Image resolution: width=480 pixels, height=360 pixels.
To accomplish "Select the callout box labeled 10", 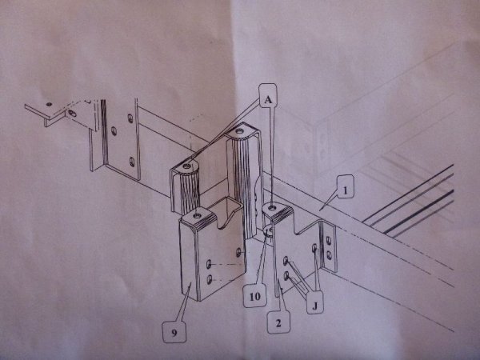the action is click(x=254, y=295).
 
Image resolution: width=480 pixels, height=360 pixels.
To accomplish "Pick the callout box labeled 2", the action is click(x=278, y=322).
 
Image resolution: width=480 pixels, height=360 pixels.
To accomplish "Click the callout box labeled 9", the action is click(x=174, y=332).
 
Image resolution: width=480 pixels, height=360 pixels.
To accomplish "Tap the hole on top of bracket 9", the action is click(x=198, y=216).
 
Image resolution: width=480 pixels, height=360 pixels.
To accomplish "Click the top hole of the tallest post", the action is click(x=238, y=132).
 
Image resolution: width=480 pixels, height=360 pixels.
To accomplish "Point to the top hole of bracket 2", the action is click(x=272, y=208).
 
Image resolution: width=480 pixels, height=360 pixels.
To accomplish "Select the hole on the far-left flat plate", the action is click(x=49, y=104).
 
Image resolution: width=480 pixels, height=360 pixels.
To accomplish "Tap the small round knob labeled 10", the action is click(x=268, y=232).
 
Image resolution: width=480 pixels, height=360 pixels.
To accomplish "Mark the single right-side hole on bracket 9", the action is click(x=238, y=253).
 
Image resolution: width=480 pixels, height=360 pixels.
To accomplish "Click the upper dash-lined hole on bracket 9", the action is click(x=209, y=264).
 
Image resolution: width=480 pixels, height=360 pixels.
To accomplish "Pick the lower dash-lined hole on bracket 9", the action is click(x=210, y=279).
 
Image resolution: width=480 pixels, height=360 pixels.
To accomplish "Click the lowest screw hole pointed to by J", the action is click(x=286, y=276).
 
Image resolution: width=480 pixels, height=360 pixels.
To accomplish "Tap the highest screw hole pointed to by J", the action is click(x=314, y=248).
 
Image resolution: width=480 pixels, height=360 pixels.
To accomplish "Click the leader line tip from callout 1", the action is click(x=319, y=210).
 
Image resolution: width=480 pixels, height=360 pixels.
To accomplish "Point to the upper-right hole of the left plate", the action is click(x=130, y=118).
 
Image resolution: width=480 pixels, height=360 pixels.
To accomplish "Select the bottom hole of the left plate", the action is click(x=132, y=162).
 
